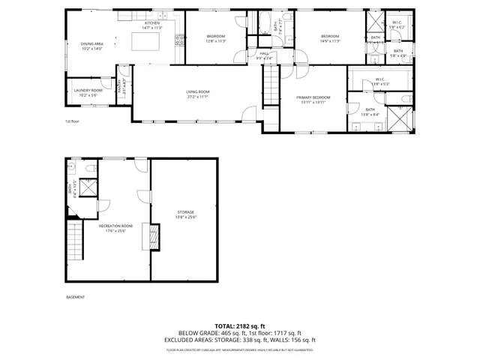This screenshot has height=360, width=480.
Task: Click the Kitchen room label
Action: [x=152, y=23]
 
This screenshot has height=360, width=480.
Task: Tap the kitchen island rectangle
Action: [x=153, y=40]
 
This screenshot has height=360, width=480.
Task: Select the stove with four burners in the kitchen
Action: [x=178, y=40]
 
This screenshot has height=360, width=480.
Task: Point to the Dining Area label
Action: [x=93, y=43]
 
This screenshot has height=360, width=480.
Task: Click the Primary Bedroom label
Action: [x=313, y=97]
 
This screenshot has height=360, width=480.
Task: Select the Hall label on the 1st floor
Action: [x=264, y=53]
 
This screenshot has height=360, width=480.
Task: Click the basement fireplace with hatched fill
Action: [x=156, y=238]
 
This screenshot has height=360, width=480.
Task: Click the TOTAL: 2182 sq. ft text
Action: [x=240, y=325]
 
